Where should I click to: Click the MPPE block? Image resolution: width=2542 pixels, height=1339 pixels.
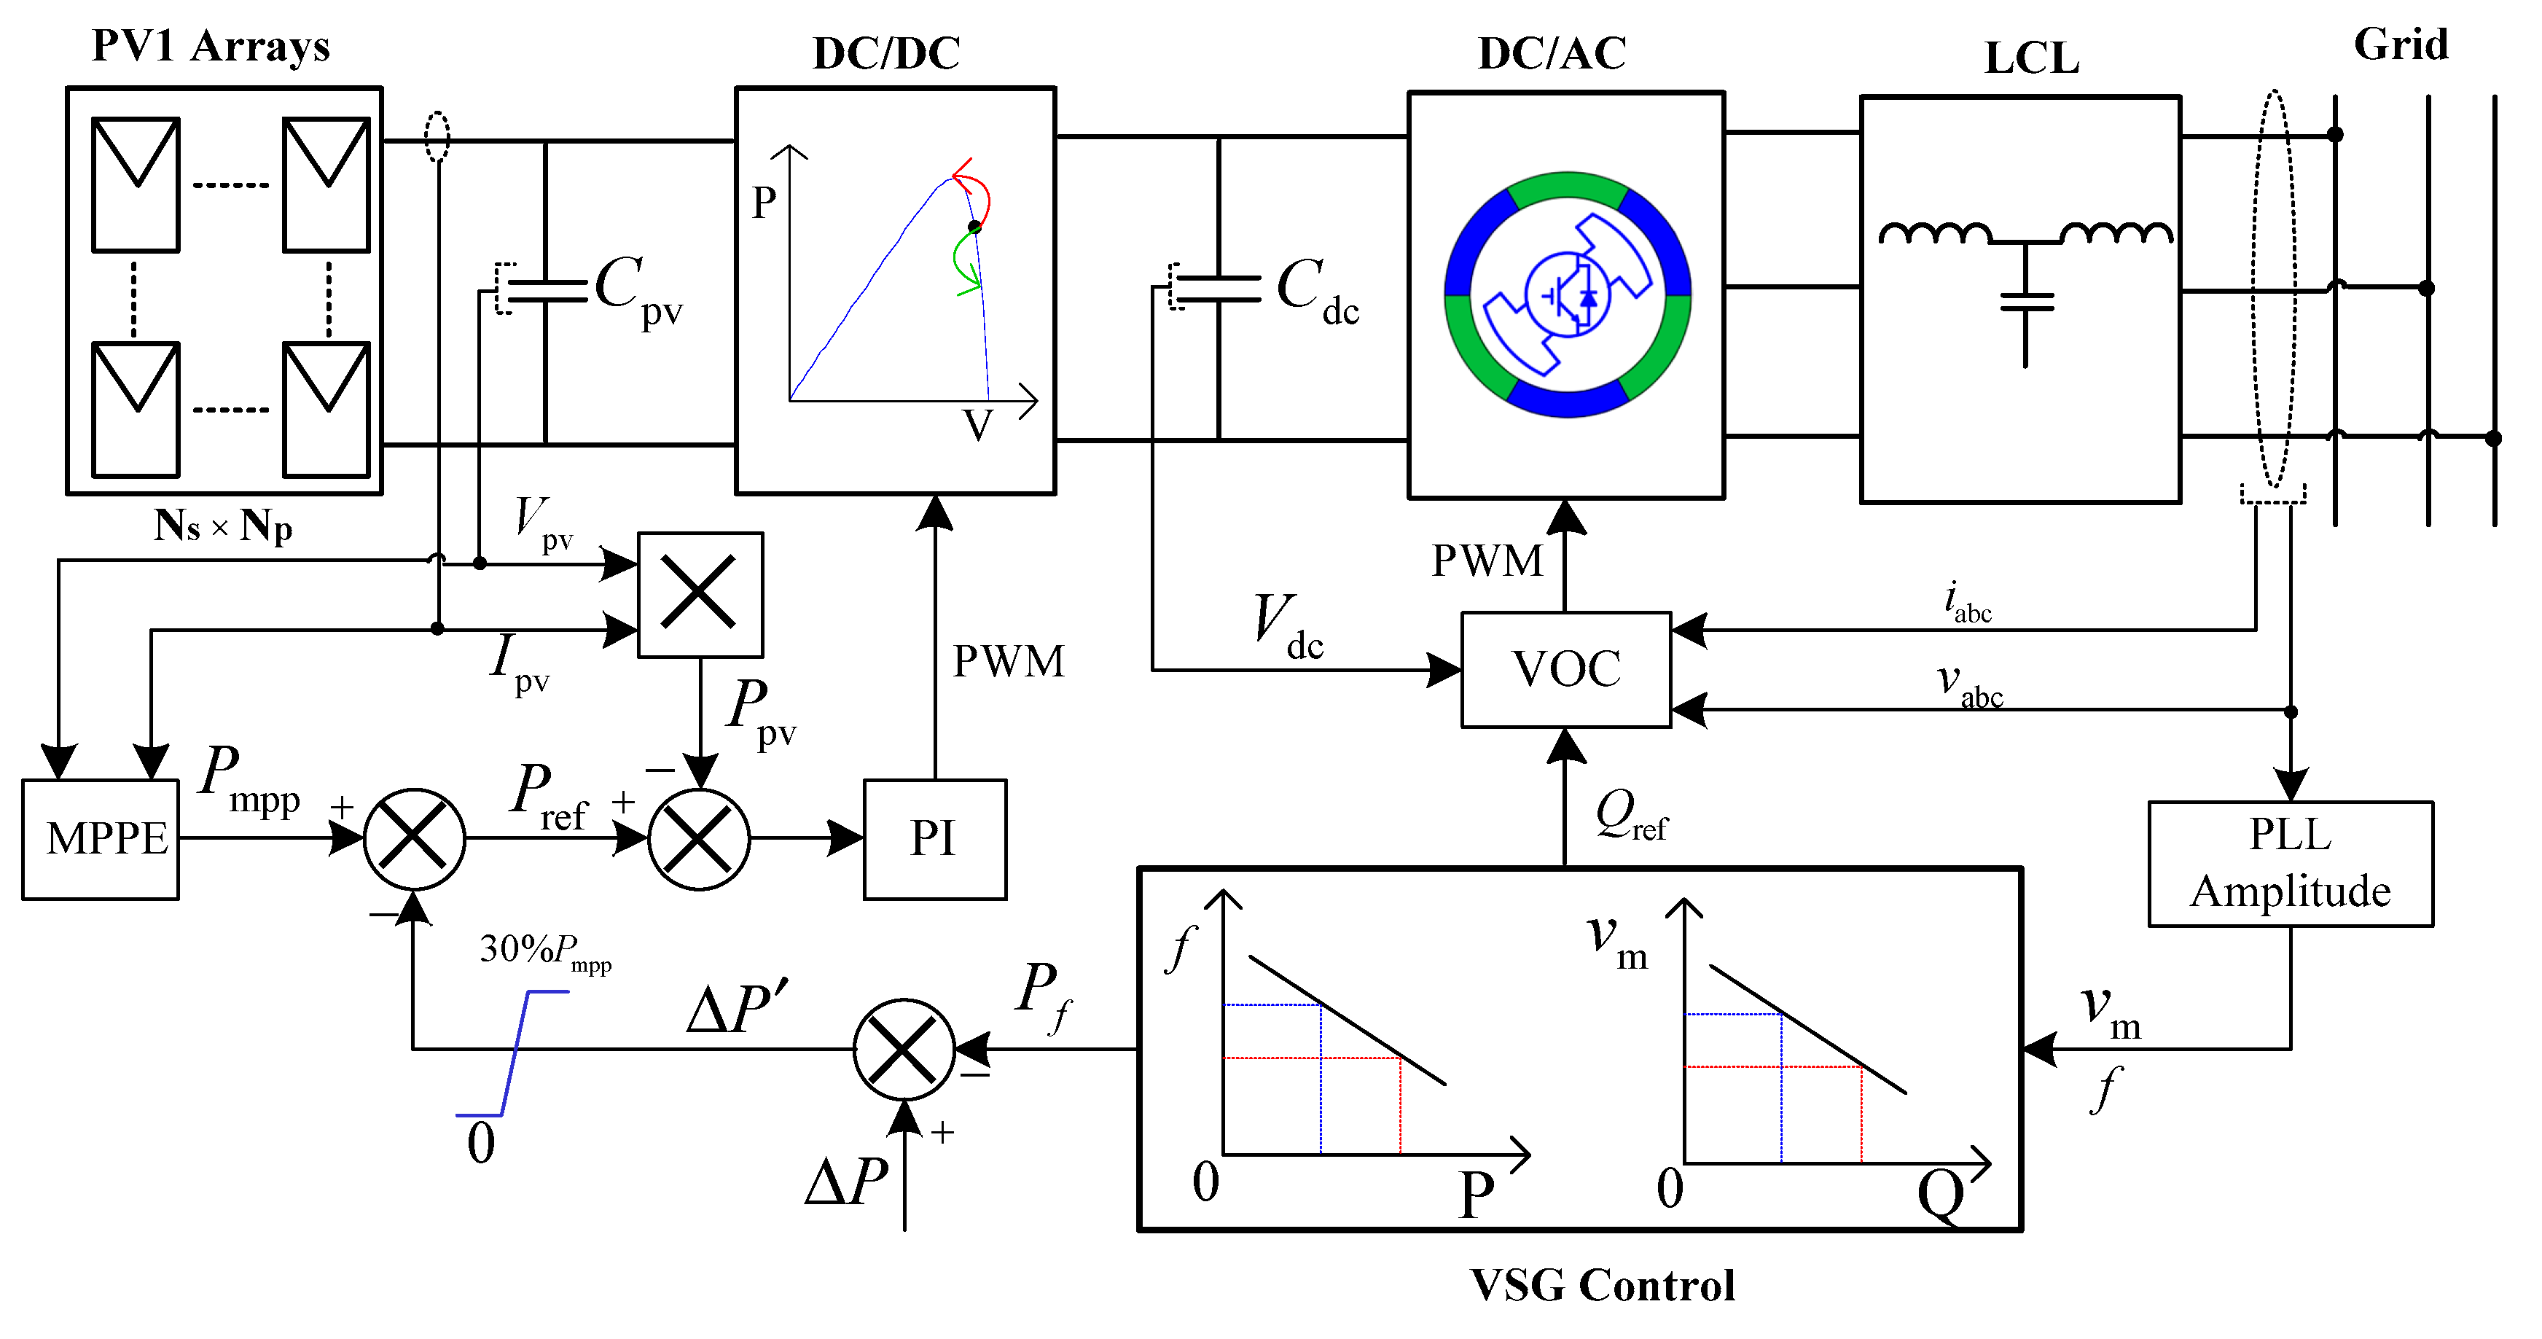[x=101, y=840]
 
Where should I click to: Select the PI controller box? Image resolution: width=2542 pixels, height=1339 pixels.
[x=934, y=840]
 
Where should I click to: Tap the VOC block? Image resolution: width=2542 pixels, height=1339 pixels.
[x=1566, y=670]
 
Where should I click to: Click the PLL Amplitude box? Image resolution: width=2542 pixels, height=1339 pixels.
[x=2291, y=864]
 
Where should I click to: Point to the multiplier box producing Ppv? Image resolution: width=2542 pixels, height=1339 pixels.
[x=700, y=594]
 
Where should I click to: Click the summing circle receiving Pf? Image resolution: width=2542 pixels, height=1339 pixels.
[x=903, y=1049]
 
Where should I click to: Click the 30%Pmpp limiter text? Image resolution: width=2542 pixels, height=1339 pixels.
[x=544, y=952]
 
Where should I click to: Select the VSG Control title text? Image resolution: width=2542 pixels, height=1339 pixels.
[x=1602, y=1286]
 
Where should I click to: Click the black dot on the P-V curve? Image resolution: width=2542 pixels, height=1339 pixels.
[x=975, y=227]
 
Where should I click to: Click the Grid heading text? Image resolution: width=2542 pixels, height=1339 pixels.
[x=2400, y=45]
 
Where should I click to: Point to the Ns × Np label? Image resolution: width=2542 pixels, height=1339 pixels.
[x=223, y=526]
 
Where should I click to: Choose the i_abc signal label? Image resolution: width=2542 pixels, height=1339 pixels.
[x=1968, y=603]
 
